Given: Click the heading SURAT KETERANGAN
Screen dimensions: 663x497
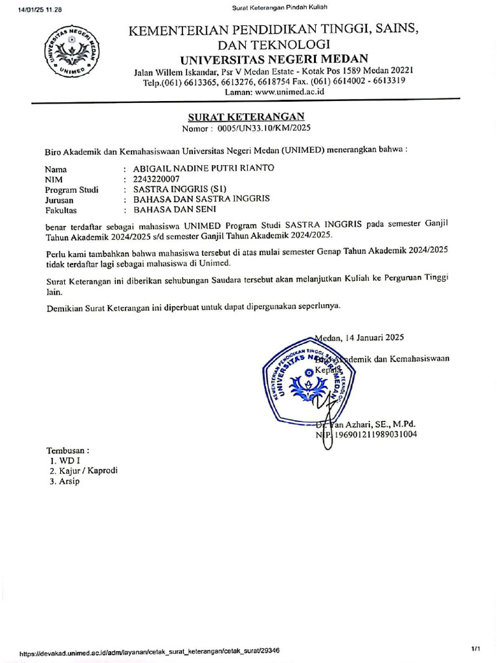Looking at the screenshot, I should tap(246, 117).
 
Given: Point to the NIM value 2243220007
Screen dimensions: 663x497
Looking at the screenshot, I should tap(156, 179).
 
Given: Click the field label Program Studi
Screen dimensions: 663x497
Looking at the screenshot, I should tap(71, 190).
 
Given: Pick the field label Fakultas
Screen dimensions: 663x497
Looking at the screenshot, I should tap(61, 210).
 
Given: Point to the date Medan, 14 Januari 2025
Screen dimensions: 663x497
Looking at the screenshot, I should tap(360, 337).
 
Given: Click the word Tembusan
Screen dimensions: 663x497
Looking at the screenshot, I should tap(67, 450).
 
